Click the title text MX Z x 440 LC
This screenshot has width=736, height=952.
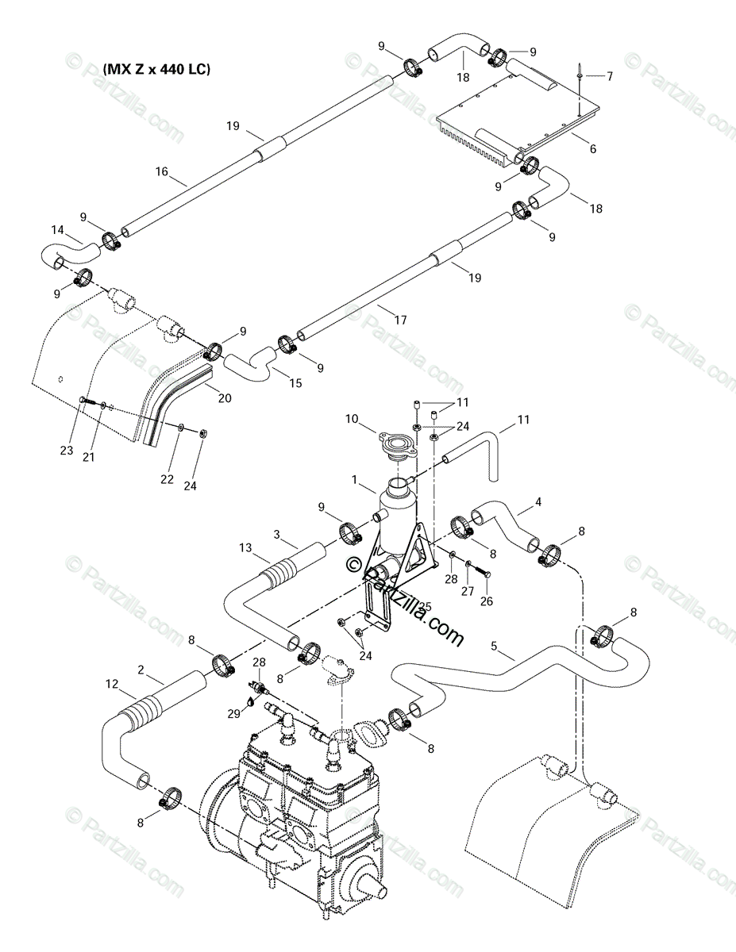click(x=156, y=69)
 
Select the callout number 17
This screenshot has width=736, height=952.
click(x=400, y=320)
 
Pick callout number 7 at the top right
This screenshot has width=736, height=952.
click(x=610, y=77)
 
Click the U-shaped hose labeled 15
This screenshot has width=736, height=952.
click(x=252, y=366)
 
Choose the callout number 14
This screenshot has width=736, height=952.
click(x=58, y=230)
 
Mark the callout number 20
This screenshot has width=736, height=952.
click(x=225, y=398)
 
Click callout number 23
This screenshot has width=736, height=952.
click(x=67, y=450)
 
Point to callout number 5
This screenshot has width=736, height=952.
click(x=494, y=647)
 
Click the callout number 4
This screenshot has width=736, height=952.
click(x=538, y=501)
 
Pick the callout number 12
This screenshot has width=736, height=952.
click(x=112, y=683)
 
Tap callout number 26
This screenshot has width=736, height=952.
click(x=486, y=601)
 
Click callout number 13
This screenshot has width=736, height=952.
click(x=245, y=547)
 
